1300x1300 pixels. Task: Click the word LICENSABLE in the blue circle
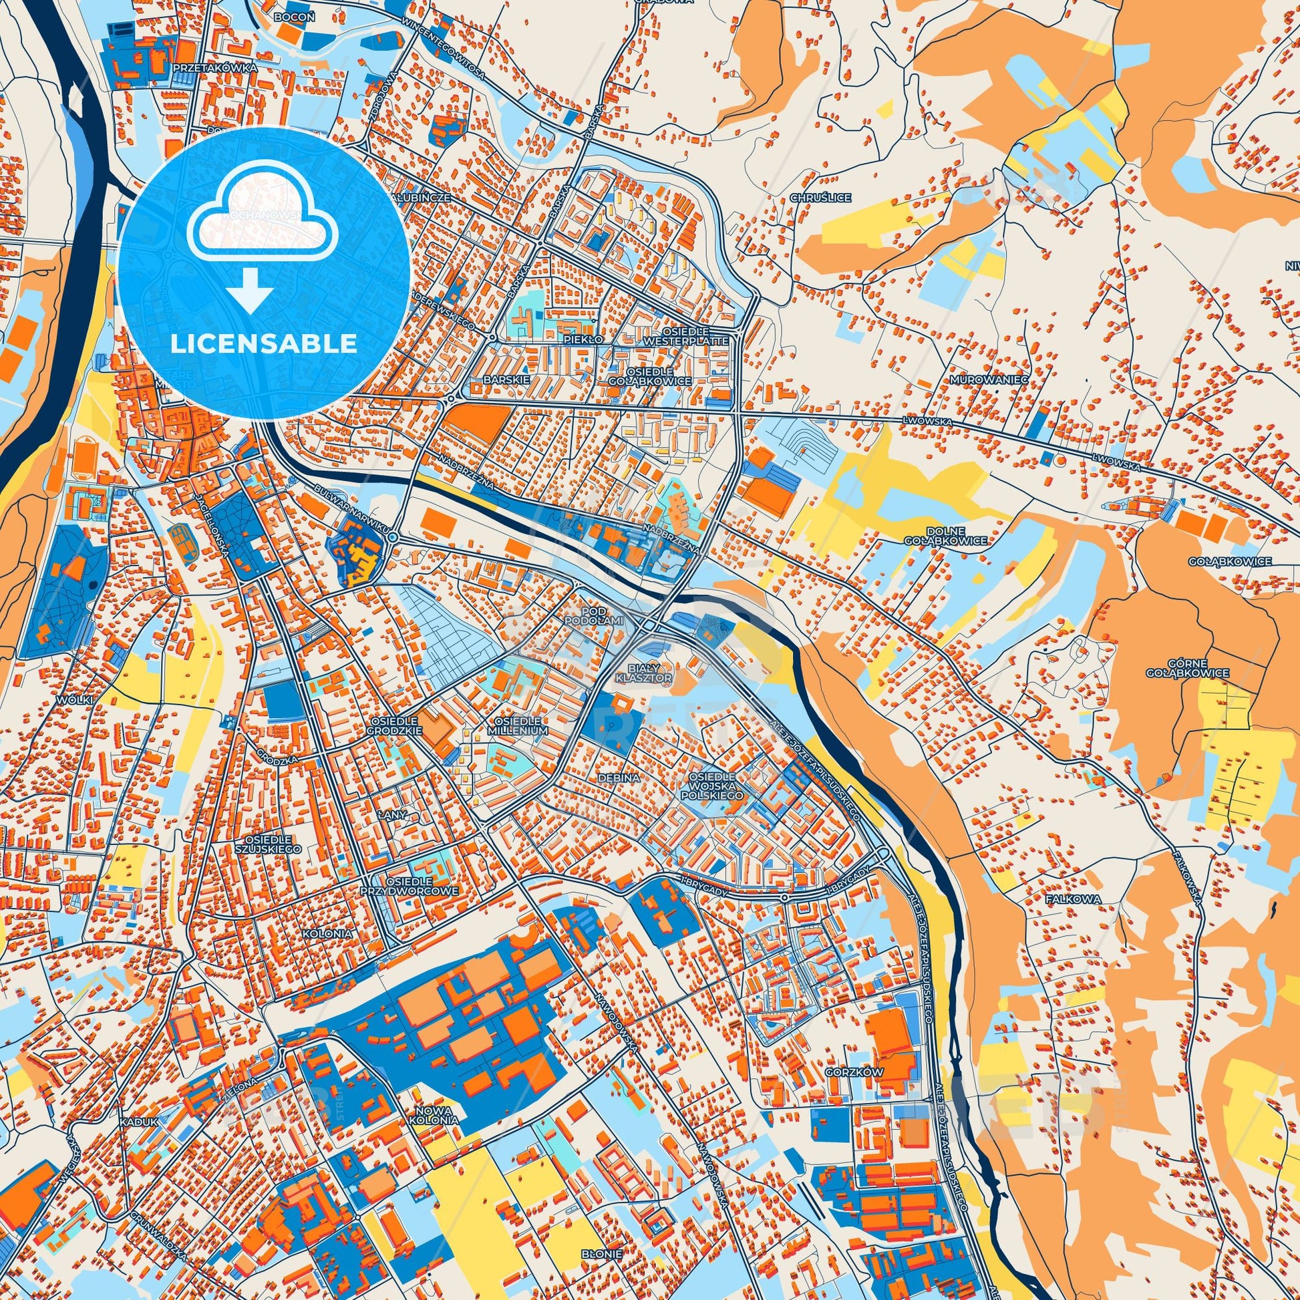[x=263, y=344]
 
